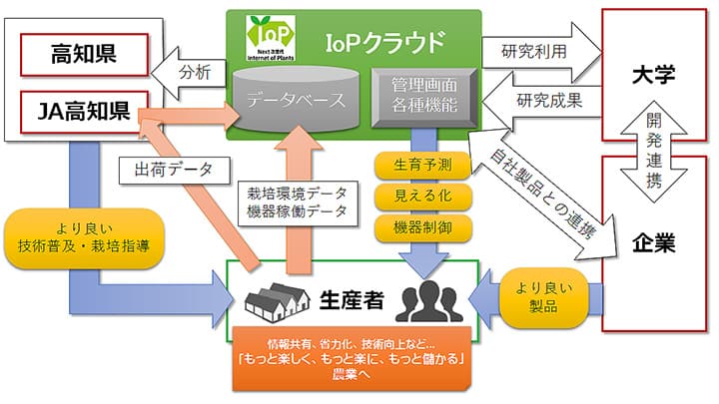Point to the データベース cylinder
(x=297, y=97)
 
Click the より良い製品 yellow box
(x=546, y=295)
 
